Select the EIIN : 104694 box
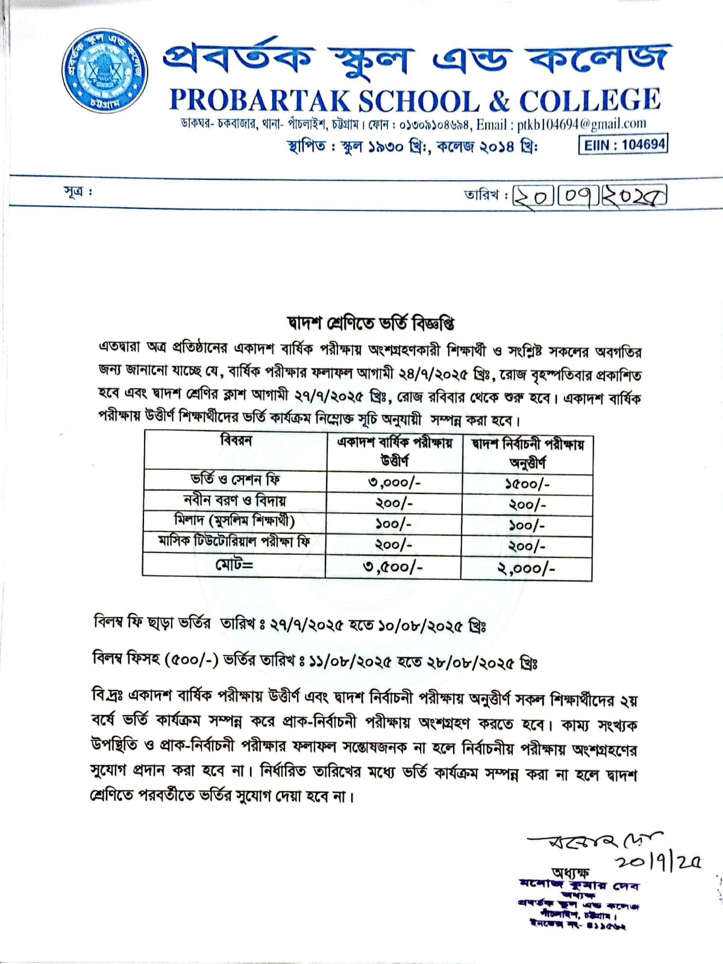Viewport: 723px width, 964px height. pos(623,145)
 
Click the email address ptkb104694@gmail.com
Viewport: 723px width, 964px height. pos(581,124)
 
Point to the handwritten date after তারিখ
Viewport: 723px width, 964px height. pos(589,196)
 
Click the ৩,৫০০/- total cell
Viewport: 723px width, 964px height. pos(393,567)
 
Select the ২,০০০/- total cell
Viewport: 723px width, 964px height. pos(526,568)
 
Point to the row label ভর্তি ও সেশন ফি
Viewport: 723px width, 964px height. pos(236,480)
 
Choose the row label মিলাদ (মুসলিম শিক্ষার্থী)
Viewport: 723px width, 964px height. pos(234,521)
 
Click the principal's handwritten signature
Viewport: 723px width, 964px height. pos(593,841)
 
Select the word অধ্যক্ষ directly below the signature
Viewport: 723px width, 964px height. pos(570,872)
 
